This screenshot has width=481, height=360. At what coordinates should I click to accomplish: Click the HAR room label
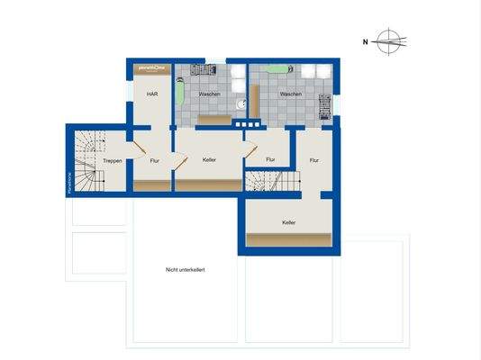point(152,94)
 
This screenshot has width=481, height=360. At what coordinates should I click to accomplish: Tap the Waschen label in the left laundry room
point(210,94)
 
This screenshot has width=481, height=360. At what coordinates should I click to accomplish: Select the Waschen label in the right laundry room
point(290,94)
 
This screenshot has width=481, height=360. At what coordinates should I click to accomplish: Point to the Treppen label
point(113,160)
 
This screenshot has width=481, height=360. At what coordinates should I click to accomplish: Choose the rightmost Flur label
point(313,160)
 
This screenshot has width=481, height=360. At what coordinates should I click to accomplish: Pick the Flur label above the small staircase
point(270,160)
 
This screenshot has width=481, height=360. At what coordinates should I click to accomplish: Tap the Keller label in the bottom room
point(289,222)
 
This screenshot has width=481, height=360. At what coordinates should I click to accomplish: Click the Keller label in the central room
point(210,160)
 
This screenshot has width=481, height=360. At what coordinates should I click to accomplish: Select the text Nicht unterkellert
point(186,269)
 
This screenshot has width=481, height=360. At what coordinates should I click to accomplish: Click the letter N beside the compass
point(366,40)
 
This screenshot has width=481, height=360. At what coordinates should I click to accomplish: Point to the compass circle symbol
point(389,40)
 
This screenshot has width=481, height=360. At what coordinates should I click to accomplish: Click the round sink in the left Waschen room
point(240,103)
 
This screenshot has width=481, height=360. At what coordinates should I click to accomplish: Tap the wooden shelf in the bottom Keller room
point(289,239)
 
